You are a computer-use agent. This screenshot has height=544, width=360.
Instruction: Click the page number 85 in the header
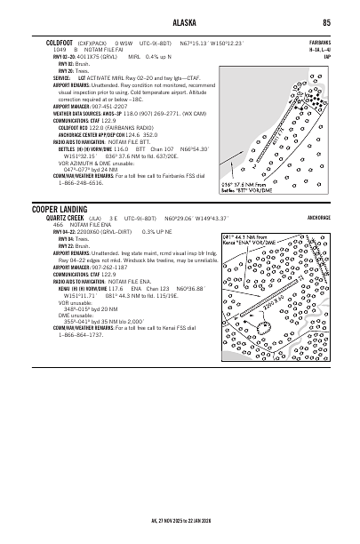click(327, 22)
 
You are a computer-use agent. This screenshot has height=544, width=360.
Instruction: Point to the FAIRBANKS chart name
click(320, 42)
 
